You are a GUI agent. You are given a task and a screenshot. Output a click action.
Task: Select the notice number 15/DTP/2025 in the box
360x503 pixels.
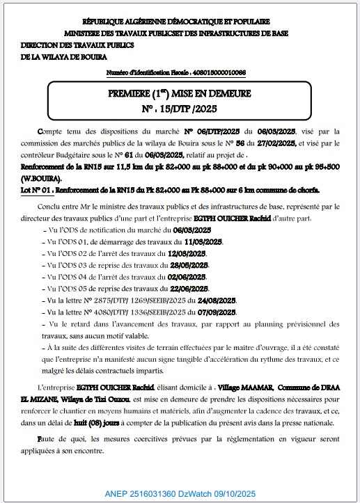click(x=180, y=108)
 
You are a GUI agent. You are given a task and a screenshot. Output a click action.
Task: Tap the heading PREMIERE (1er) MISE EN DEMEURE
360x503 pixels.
click(x=180, y=94)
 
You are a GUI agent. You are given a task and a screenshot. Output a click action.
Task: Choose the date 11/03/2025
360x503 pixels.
click(x=201, y=241)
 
